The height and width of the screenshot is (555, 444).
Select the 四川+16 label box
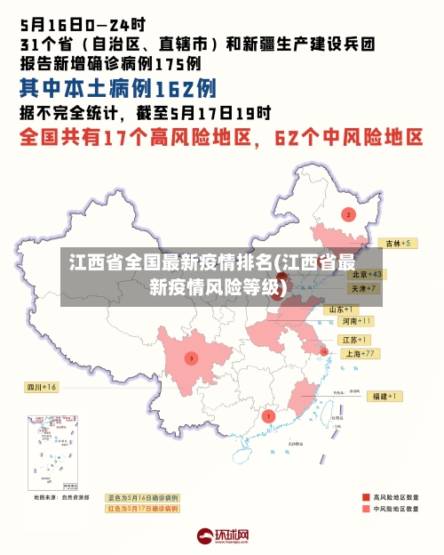pos(41,387)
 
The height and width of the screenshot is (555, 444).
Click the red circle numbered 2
pos(349,214)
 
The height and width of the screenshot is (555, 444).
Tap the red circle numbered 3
pos(191,358)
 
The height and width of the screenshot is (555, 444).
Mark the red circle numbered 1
pos(269,415)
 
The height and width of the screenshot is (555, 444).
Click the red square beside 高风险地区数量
pos(366,497)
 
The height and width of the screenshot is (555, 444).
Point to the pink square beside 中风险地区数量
pos(366,510)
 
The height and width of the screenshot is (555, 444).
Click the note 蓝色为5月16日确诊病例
pos(142,497)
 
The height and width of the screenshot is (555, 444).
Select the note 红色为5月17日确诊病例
pos(142,509)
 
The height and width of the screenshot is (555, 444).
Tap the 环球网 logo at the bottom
pos(222,536)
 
